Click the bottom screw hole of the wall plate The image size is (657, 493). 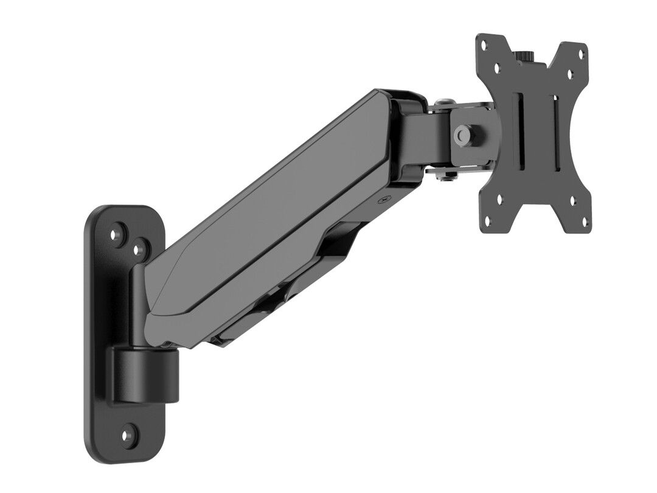click(128, 436)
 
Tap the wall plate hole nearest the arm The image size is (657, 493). click(141, 248)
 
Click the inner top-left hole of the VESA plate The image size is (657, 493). click(498, 69)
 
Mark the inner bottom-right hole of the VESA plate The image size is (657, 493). click(570, 201)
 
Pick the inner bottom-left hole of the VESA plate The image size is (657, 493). click(500, 198)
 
